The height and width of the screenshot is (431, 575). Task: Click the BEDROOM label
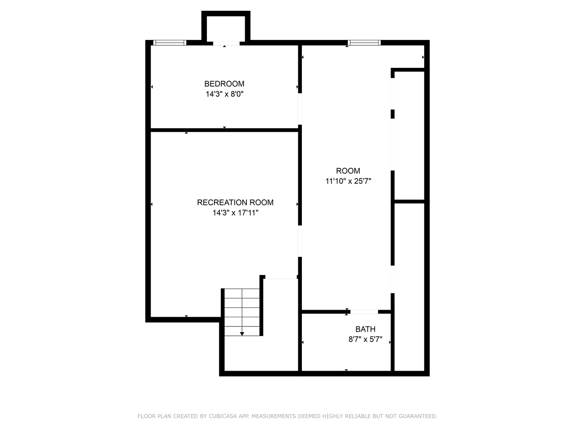click(x=224, y=84)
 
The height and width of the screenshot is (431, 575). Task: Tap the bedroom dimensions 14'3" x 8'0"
click(x=224, y=94)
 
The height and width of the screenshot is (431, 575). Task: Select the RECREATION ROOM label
click(x=235, y=202)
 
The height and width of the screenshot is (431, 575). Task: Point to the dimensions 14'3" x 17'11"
click(x=235, y=213)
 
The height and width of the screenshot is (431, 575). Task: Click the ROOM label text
click(x=348, y=171)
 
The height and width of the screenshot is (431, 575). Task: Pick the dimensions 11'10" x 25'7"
click(x=348, y=181)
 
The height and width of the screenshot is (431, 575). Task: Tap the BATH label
click(x=365, y=329)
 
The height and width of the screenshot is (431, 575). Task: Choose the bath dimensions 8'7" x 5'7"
click(x=365, y=340)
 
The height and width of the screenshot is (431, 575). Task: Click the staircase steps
click(x=242, y=311)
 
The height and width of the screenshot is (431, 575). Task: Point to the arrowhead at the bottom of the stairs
click(x=242, y=334)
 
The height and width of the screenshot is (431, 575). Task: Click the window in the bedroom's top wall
click(x=170, y=43)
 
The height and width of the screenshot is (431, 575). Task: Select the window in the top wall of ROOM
click(x=364, y=43)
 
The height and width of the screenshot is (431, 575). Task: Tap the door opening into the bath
click(x=364, y=312)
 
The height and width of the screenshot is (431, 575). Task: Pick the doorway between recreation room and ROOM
click(x=300, y=242)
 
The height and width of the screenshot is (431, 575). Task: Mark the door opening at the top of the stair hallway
click(x=281, y=277)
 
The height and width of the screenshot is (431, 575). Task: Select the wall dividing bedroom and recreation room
click(x=224, y=130)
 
